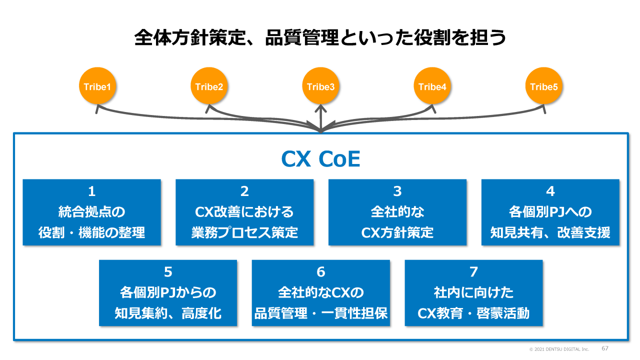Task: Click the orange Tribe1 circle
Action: (97, 86)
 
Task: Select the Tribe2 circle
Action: (209, 86)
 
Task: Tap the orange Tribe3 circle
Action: (320, 86)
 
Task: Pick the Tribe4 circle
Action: (432, 86)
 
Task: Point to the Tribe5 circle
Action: (543, 86)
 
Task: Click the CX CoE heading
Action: (320, 160)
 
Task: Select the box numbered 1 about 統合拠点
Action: (91, 212)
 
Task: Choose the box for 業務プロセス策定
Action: (244, 212)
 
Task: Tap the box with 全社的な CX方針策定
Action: (397, 212)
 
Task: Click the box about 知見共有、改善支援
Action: (550, 212)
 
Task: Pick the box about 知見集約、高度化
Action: (168, 292)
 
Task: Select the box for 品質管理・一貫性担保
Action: (320, 292)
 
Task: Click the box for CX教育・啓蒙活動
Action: (473, 292)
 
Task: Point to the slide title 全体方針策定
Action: (320, 38)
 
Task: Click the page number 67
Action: (605, 348)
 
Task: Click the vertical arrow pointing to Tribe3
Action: (320, 118)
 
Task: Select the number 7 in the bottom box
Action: (473, 272)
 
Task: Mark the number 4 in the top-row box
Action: (550, 191)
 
